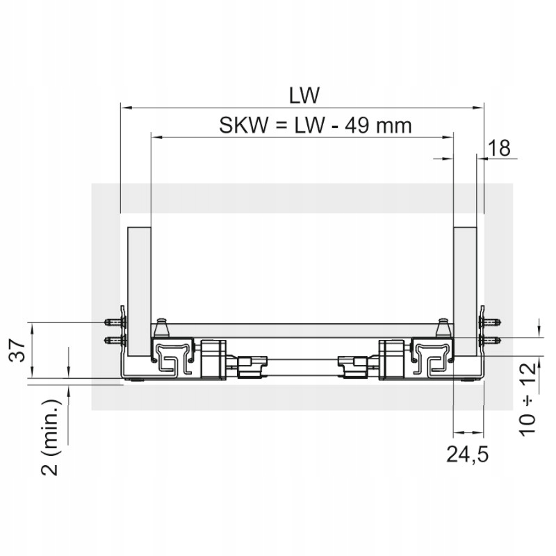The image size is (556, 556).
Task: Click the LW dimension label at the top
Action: (x=304, y=95)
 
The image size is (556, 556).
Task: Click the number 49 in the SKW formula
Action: (x=357, y=126)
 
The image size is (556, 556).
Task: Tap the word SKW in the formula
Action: (x=243, y=126)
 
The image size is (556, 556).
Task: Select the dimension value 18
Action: (x=499, y=148)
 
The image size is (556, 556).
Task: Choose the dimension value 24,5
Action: (x=467, y=455)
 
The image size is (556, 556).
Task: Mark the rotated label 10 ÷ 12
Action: (x=528, y=400)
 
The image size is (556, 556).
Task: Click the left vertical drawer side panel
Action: (x=140, y=291)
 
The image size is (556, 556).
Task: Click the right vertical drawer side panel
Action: (x=465, y=291)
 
